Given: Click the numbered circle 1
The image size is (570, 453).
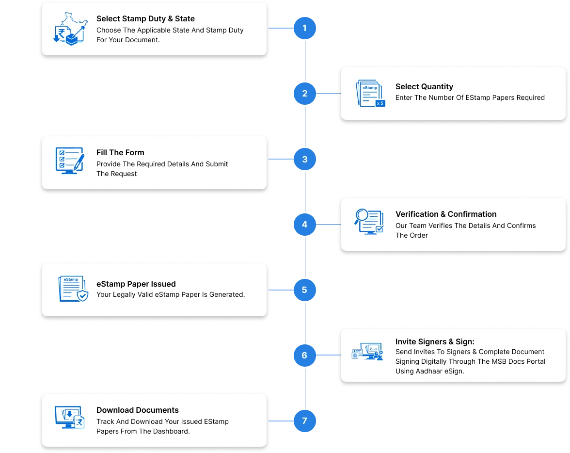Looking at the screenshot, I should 304,29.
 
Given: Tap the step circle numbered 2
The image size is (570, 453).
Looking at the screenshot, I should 304,94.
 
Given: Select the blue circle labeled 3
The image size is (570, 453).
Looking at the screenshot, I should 304,159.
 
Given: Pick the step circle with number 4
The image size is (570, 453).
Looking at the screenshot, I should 304,225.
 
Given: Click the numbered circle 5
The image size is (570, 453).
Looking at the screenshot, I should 304,290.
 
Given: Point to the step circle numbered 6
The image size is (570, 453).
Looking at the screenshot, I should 304,356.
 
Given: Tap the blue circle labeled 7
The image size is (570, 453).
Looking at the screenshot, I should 304,421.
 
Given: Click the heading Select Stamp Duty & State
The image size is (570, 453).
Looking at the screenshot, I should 145,19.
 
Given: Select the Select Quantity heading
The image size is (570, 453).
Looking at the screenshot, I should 424,87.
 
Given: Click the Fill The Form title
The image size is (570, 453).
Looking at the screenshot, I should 120,153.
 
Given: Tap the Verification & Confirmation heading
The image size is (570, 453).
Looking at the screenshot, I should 446,214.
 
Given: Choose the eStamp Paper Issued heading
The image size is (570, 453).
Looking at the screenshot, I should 136,284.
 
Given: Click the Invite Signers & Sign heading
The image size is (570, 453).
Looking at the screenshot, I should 435,342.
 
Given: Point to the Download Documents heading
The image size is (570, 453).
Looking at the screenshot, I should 138,410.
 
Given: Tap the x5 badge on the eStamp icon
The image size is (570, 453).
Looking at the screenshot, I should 380,103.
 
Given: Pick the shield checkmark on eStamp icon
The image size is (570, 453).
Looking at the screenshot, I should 83,296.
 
